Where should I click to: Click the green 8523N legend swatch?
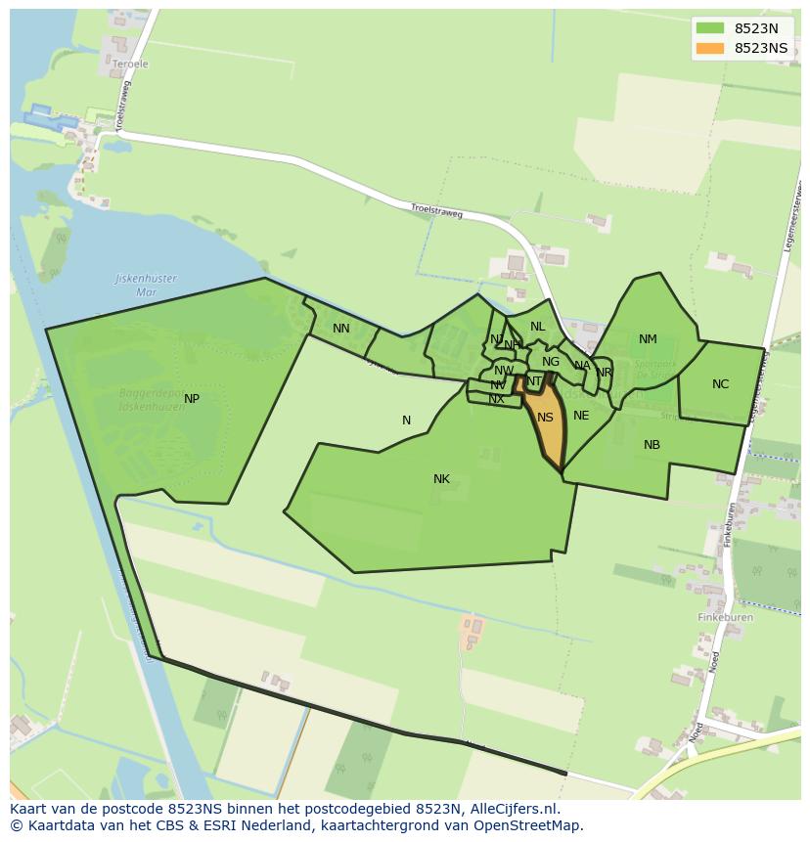coord(710,28)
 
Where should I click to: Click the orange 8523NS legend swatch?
coord(710,48)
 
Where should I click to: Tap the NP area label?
coord(192,399)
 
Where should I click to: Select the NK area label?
coord(441,479)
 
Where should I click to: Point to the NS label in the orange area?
coord(545,418)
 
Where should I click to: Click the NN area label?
coord(340,329)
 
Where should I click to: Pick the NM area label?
coord(648,339)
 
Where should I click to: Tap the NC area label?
coord(720,384)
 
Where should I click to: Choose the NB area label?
coord(652,445)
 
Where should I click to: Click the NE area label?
coord(581,416)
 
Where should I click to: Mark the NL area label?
coord(538,327)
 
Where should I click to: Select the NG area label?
coord(551,362)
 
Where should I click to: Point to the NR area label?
coord(604,373)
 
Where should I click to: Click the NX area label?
coord(497,399)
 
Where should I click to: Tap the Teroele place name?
coord(130,65)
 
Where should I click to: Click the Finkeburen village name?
coord(725,618)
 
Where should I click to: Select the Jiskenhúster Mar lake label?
coord(147,285)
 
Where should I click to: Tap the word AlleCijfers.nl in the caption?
coord(513,809)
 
